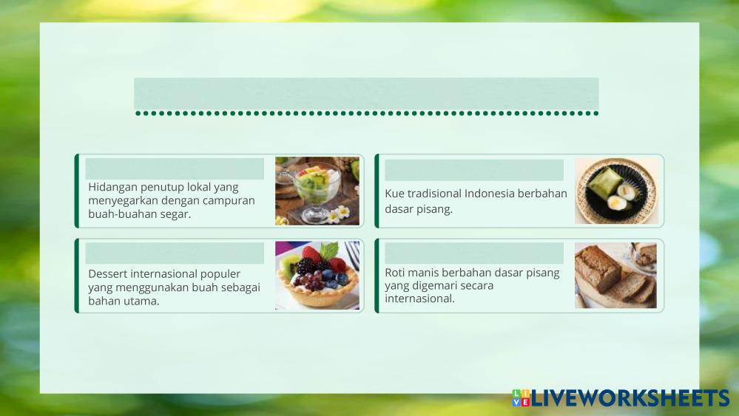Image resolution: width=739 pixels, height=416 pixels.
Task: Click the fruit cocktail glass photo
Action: point(317,191)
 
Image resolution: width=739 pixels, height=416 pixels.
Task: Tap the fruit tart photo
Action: point(317,276)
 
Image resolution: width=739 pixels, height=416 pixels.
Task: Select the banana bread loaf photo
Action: point(615,276)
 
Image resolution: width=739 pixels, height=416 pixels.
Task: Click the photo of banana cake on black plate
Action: point(616,191)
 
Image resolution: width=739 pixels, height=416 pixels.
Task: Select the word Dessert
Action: point(107,274)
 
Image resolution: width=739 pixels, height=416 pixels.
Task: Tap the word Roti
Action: point(395,273)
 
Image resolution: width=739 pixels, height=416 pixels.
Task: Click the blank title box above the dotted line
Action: point(366,93)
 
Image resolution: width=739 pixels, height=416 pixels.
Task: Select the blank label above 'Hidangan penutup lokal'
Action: point(175,168)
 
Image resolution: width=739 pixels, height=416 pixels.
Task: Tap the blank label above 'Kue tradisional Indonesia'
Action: point(474,170)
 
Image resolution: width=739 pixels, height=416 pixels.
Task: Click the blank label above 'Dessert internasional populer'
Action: point(175,253)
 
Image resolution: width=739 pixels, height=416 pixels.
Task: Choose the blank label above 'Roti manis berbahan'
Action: point(474,253)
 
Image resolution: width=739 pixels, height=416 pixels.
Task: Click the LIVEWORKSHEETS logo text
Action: point(630,398)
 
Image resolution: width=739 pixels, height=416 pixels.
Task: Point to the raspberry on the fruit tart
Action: point(311,255)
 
